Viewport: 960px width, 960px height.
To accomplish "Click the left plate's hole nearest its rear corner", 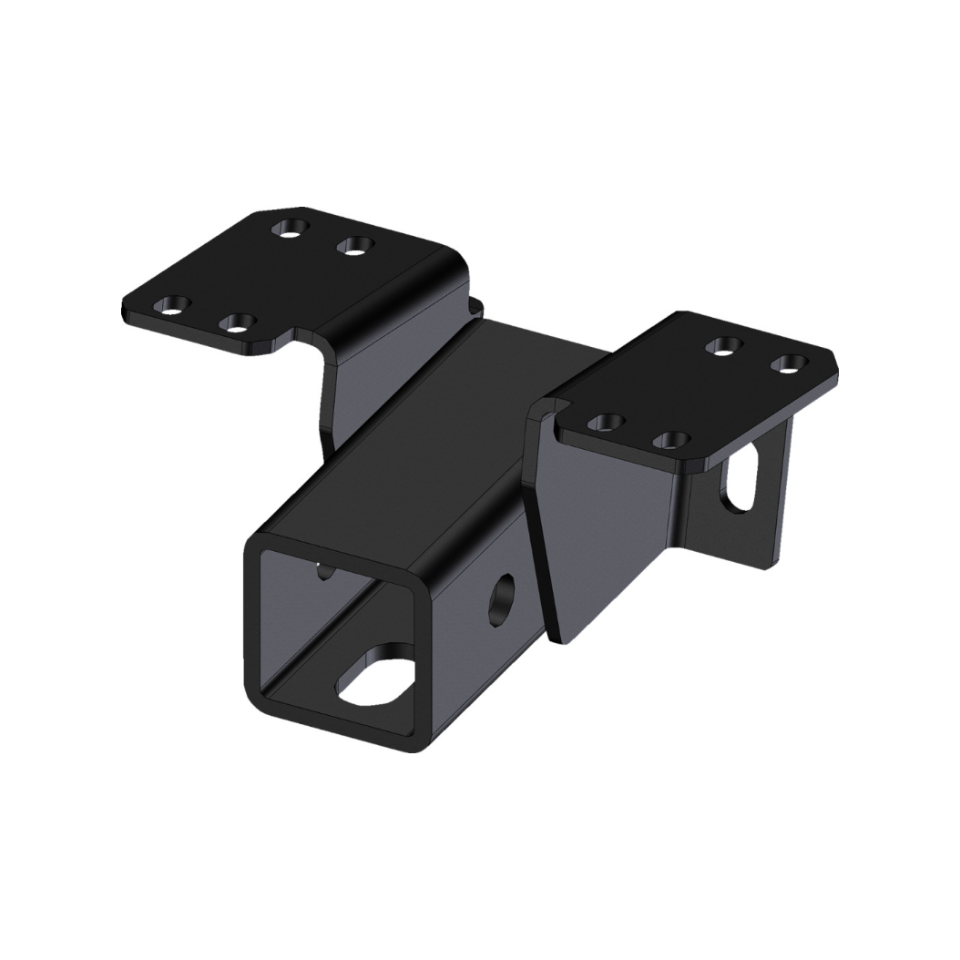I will (290, 226).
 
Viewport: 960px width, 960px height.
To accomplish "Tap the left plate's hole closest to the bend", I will (354, 244).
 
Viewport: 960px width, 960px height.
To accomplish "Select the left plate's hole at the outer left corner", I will (171, 304).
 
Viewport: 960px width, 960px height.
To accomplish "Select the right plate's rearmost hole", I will (724, 345).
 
